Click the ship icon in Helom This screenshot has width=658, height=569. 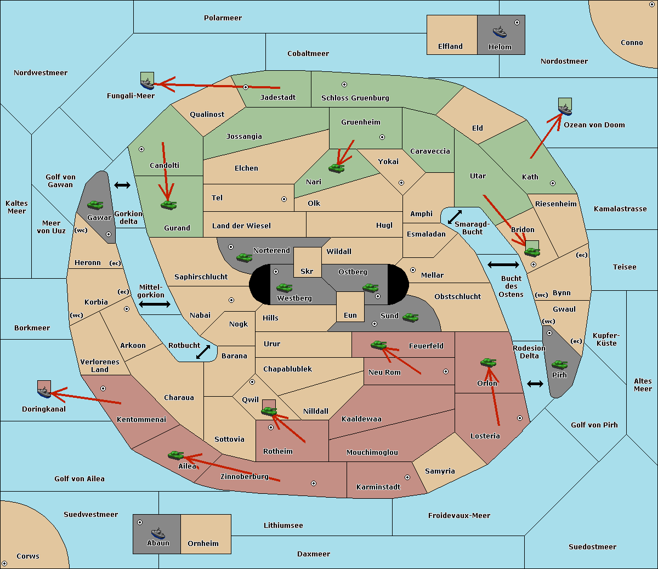coord(500,32)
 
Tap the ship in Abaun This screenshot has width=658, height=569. coord(158,533)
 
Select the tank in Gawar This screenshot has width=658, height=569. coord(95,205)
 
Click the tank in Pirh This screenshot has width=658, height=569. coord(559,364)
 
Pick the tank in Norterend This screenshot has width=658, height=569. coord(244,257)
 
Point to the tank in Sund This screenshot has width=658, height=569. coord(410,317)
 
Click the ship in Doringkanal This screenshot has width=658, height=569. coord(44,392)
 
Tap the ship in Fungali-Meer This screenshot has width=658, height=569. coord(147,84)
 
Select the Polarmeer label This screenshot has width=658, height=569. coord(223,18)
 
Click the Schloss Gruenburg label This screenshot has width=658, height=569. coord(355,98)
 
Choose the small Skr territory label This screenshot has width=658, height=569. coord(307,271)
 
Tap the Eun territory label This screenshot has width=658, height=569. coord(350,315)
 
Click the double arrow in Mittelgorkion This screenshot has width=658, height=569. coord(155,304)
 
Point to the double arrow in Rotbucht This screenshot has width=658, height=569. coord(203,352)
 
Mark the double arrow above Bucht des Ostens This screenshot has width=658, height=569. coord(503,264)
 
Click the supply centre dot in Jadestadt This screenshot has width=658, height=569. coord(246,87)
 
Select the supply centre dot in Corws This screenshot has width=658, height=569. coord(4,564)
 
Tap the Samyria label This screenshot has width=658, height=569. coord(440,471)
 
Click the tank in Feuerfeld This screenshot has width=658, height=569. coord(379,345)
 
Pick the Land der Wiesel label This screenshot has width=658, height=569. coord(241,226)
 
